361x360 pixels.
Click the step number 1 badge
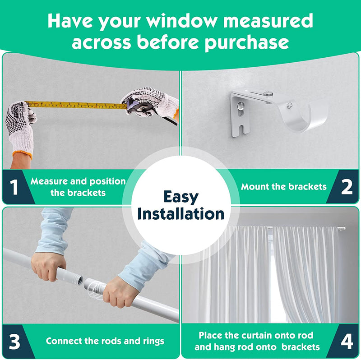[14, 187]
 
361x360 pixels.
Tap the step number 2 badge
[347, 187]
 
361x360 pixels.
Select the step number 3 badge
[14, 342]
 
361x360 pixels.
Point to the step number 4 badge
[347, 342]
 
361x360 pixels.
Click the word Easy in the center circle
[181, 197]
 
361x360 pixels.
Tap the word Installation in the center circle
[181, 214]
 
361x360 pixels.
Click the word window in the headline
[181, 21]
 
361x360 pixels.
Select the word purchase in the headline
[246, 43]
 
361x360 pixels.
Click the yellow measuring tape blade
[76, 105]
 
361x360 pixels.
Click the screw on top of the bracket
[268, 94]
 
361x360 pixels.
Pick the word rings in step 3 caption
[153, 342]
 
